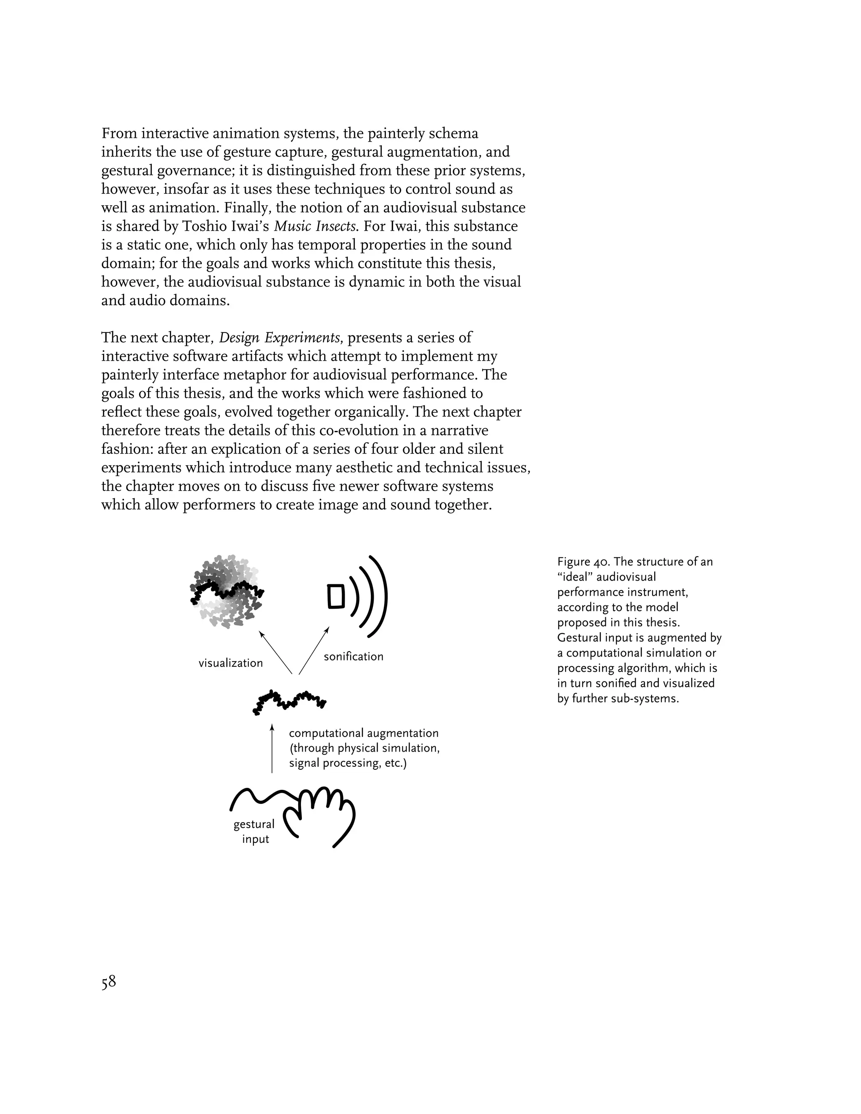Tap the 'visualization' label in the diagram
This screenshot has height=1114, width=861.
tap(230, 663)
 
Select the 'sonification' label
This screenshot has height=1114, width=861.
tap(354, 657)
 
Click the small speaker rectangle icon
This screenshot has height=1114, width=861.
tap(335, 596)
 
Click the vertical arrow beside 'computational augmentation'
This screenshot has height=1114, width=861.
tap(272, 750)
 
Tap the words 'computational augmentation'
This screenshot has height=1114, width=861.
tap(364, 733)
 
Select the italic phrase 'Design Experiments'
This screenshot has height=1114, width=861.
tap(280, 338)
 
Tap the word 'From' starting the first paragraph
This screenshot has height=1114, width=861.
tap(119, 134)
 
